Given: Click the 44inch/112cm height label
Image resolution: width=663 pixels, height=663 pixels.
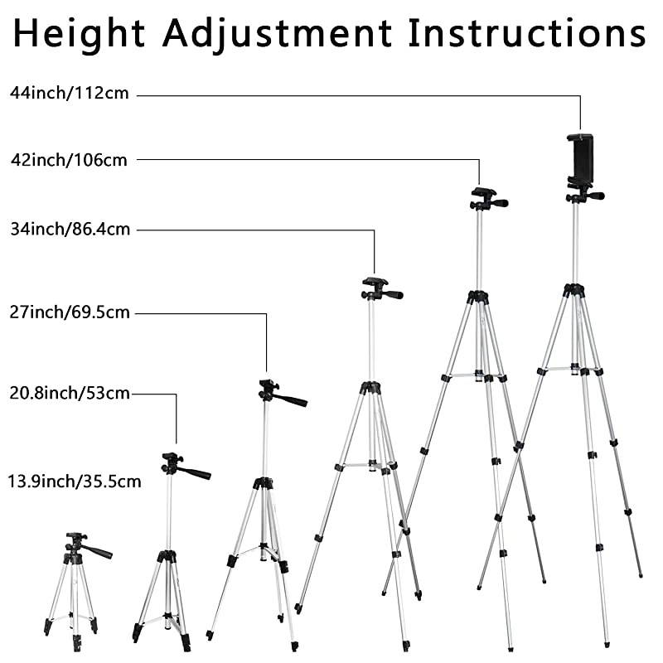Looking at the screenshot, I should [70, 93].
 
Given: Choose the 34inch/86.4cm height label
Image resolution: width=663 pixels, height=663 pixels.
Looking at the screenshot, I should [70, 230].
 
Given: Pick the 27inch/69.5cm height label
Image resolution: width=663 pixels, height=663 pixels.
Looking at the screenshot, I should [70, 312].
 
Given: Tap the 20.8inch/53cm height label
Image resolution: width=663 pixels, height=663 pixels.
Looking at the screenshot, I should [70, 394].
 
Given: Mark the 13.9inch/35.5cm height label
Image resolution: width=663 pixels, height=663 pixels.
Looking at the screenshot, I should [75, 480].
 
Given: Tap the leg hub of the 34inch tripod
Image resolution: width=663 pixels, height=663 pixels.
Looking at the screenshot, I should [370, 387].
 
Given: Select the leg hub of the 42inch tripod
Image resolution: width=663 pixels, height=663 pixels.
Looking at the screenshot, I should [477, 296].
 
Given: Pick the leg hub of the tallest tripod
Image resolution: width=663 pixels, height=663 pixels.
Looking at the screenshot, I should [573, 290].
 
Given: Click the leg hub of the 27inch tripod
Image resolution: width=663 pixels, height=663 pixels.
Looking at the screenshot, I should [264, 482].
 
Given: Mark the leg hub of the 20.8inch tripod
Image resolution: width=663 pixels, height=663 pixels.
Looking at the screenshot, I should [167, 556].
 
